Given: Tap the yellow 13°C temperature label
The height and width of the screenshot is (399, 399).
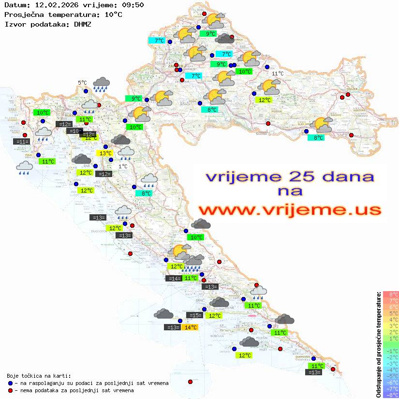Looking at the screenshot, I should pyautogui.click(x=106, y=153).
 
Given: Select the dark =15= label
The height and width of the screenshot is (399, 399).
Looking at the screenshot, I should pyautogui.click(x=195, y=315).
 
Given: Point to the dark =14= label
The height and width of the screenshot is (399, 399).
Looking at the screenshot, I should pyautogui.click(x=174, y=278).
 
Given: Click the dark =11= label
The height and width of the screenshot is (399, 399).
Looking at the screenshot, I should pyautogui.click(x=23, y=142).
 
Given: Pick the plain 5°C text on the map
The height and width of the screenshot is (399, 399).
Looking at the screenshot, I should pyautogui.click(x=82, y=83).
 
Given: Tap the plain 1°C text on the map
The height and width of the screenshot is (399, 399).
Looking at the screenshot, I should pyautogui.click(x=123, y=166).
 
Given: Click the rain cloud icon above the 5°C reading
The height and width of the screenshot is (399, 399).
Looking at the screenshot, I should pyautogui.click(x=101, y=84).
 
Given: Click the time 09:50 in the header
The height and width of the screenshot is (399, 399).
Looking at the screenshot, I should pyautogui.click(x=133, y=5).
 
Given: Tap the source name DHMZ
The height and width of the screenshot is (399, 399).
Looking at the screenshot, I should pyautogui.click(x=82, y=24).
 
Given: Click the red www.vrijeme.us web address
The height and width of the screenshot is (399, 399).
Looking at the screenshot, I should pyautogui.click(x=290, y=210).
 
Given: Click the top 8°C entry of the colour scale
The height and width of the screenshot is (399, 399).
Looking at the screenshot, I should pyautogui.click(x=390, y=295).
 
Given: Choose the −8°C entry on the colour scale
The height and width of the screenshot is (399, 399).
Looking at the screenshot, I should pyautogui.click(x=390, y=395).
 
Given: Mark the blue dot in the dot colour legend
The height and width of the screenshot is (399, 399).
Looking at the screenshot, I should pyautogui.click(x=10, y=383).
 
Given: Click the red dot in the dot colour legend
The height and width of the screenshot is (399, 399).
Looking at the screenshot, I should pyautogui.click(x=10, y=390).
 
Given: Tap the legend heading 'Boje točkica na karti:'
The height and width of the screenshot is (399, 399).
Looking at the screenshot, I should pyautogui.click(x=39, y=376).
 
